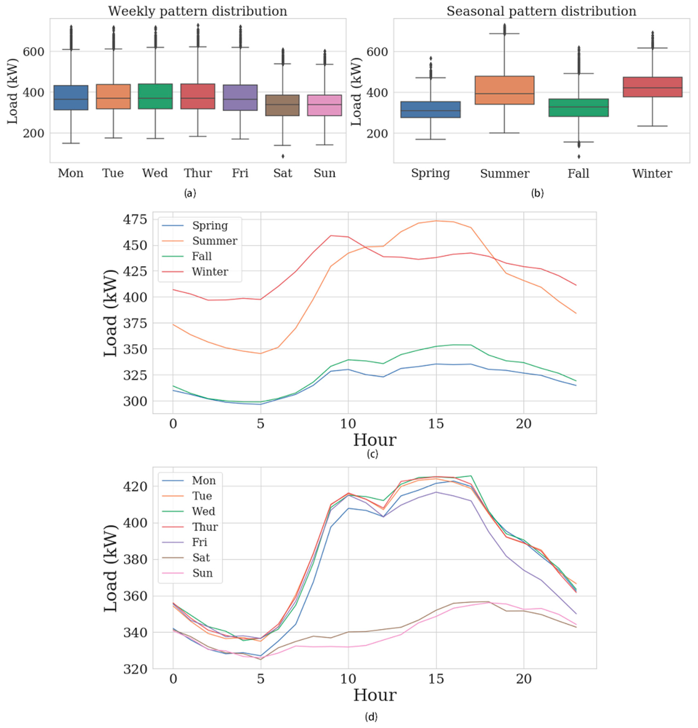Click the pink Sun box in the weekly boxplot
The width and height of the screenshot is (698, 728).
(325, 105)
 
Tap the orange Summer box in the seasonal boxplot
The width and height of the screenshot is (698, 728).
(504, 90)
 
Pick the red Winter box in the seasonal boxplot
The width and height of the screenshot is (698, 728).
(652, 87)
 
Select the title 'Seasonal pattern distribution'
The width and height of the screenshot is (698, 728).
(541, 11)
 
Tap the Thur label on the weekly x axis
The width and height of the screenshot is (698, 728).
(198, 173)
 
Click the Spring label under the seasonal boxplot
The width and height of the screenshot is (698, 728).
(430, 173)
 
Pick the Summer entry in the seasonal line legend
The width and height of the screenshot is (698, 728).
(214, 241)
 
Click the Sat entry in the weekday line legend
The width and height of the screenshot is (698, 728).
(201, 557)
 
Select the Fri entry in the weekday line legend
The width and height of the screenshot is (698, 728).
(199, 542)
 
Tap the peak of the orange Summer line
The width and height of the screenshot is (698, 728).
(436, 221)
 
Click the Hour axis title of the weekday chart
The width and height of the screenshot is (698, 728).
(374, 695)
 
